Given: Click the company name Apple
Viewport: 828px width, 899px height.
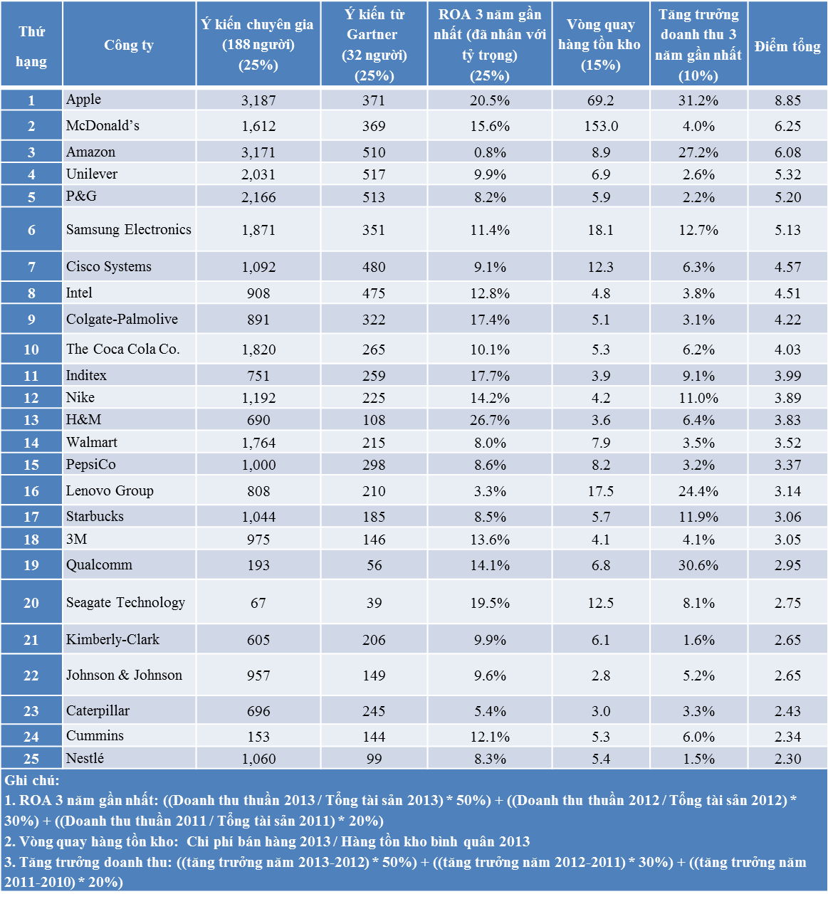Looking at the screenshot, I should pyautogui.click(x=83, y=100).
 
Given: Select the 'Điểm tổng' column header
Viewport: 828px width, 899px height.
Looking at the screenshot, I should pyautogui.click(x=787, y=46).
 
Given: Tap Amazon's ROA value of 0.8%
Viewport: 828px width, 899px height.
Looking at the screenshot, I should pyautogui.click(x=490, y=152).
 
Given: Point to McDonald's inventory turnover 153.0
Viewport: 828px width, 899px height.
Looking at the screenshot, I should pyautogui.click(x=601, y=126).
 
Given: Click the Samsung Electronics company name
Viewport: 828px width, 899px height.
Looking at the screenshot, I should pyautogui.click(x=128, y=229).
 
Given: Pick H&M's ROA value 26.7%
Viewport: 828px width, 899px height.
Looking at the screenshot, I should pyautogui.click(x=490, y=420).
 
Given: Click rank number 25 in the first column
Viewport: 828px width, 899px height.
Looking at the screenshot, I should pyautogui.click(x=31, y=759).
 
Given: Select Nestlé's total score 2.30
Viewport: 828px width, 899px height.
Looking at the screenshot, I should pyautogui.click(x=787, y=759).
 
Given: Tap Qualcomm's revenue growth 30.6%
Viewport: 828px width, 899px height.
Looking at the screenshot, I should pyautogui.click(x=698, y=565).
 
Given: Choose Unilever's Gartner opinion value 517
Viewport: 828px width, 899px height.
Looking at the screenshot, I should pyautogui.click(x=374, y=174).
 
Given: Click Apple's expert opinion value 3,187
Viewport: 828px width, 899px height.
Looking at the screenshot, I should pyautogui.click(x=258, y=100).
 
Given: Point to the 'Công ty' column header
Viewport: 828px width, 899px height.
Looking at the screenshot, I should pyautogui.click(x=129, y=46).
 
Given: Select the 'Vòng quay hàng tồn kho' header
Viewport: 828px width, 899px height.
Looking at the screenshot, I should pyautogui.click(x=600, y=45).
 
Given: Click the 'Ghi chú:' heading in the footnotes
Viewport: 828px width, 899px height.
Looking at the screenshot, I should pyautogui.click(x=32, y=780).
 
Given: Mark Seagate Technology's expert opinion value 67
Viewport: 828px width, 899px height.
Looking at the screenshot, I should pyautogui.click(x=258, y=603).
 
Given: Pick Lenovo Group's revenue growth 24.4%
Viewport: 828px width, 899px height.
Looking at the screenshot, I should pyautogui.click(x=698, y=491).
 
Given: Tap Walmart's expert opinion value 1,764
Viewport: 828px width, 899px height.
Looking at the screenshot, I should pyautogui.click(x=258, y=443).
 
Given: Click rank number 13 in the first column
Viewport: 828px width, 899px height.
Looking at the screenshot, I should pyautogui.click(x=31, y=420).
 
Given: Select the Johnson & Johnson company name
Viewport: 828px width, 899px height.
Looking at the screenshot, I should pyautogui.click(x=124, y=675).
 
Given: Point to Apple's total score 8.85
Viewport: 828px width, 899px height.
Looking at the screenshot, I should pyautogui.click(x=787, y=100).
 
